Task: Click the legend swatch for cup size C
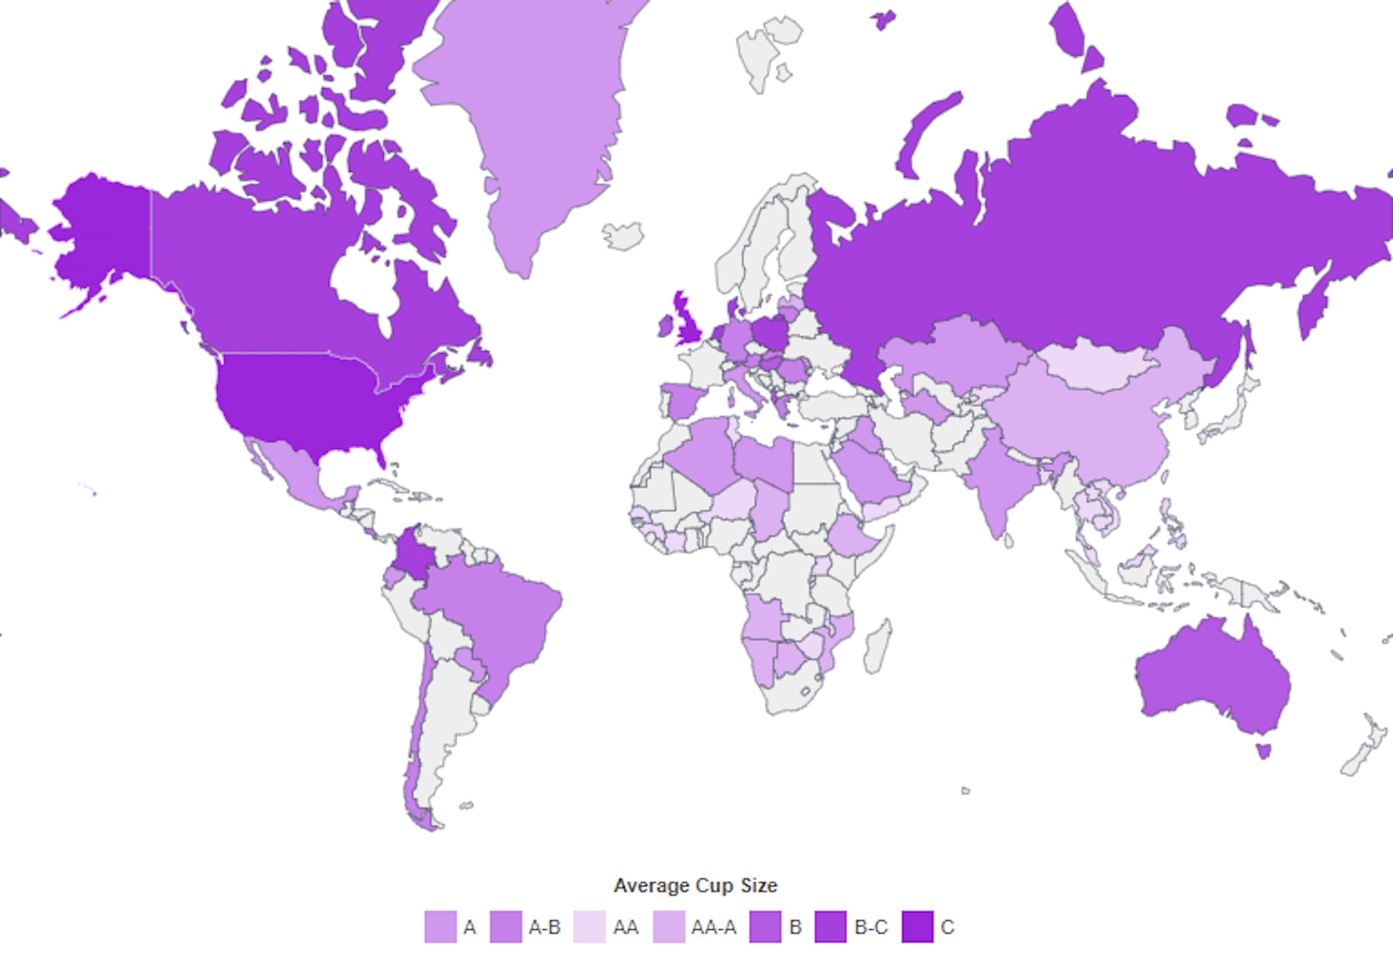[917, 927]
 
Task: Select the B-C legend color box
[830, 927]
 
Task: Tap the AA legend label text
[625, 927]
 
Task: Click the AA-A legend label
[713, 927]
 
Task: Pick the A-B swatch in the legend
[506, 927]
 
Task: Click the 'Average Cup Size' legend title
[695, 886]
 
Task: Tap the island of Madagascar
[877, 645]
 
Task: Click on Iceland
[623, 235]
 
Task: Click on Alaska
[102, 232]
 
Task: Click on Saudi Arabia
[867, 471]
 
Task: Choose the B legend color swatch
[765, 927]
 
